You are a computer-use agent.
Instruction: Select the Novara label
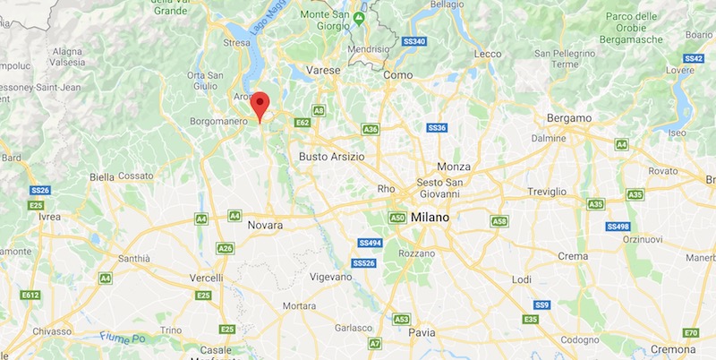[265, 225]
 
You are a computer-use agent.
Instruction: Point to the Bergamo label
[571, 117]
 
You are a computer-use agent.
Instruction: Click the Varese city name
[322, 69]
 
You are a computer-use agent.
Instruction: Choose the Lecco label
[488, 54]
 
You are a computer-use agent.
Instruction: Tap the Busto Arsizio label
[331, 156]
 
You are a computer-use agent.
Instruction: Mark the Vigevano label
[331, 277]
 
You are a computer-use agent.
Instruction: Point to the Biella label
[101, 176]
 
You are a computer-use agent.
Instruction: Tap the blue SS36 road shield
[437, 128]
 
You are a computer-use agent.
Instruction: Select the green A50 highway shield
[398, 217]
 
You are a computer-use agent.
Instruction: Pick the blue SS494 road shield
[370, 243]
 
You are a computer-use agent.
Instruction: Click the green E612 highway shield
[30, 295]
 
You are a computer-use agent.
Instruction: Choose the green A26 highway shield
[225, 248]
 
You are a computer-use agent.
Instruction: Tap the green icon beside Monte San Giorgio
[360, 18]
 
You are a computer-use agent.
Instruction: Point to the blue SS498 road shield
[619, 226]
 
